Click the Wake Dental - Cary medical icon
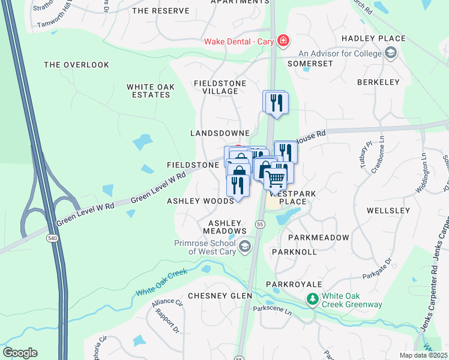pyautogui.click(x=283, y=41)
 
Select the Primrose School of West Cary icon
pyautogui.click(x=244, y=247)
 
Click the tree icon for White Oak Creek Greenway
pyautogui.click(x=312, y=299)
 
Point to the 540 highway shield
pyautogui.click(x=50, y=221)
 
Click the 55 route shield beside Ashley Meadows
pyautogui.click(x=259, y=224)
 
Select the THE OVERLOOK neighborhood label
pyautogui.click(x=77, y=65)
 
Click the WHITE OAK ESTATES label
pyautogui.click(x=151, y=91)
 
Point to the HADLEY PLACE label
pyautogui.click(x=373, y=38)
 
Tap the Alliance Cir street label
pyautogui.click(x=166, y=303)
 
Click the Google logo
pyautogui.click(x=20, y=353)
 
